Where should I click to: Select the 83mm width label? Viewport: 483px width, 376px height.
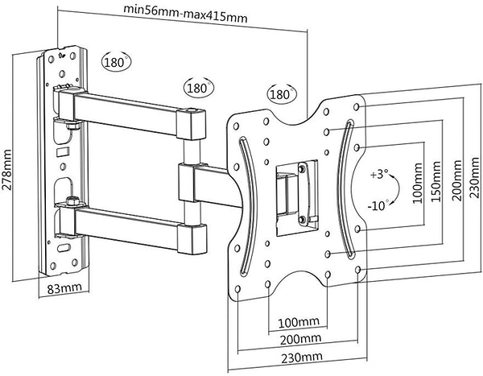tap(65, 287)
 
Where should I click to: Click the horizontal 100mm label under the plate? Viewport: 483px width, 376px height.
tap(297, 323)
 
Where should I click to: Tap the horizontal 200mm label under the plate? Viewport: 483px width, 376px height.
tap(297, 339)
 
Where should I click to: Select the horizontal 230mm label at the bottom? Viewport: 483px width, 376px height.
tap(297, 357)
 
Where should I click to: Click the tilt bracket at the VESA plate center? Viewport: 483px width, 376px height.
tap(291, 191)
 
